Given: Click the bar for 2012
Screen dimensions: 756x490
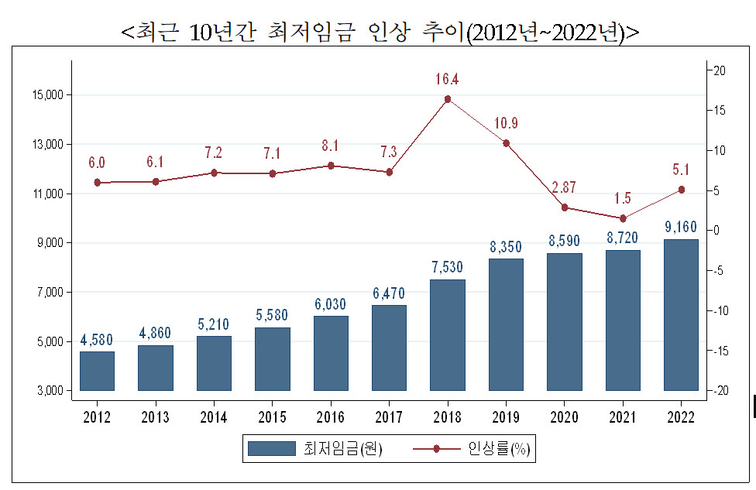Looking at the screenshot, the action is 97,371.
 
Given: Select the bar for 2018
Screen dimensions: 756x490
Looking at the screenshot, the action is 448,335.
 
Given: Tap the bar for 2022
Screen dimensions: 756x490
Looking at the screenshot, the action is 681,314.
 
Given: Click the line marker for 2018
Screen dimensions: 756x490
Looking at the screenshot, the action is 448,99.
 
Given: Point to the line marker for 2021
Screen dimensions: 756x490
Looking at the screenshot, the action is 623,218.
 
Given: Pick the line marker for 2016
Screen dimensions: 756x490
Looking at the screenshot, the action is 331,166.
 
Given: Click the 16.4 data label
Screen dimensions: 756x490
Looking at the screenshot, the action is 447,79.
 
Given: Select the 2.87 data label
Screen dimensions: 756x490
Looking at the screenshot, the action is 564,187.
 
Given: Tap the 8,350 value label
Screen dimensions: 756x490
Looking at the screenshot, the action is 506,247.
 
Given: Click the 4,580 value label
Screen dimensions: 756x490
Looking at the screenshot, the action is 96,340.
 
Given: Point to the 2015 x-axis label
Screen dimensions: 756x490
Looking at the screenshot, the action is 272,416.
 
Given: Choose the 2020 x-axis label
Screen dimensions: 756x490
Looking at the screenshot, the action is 564,416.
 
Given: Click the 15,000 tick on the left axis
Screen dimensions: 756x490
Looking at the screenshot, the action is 48,95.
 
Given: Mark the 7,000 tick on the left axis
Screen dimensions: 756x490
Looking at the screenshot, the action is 50,293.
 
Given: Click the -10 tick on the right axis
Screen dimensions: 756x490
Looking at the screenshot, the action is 721,310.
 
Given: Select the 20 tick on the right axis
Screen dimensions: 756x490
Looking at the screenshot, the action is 720,70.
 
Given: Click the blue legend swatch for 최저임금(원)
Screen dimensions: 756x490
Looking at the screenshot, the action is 271,448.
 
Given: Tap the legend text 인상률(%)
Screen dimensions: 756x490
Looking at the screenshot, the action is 499,448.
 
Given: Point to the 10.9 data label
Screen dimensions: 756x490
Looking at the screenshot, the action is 506,123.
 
